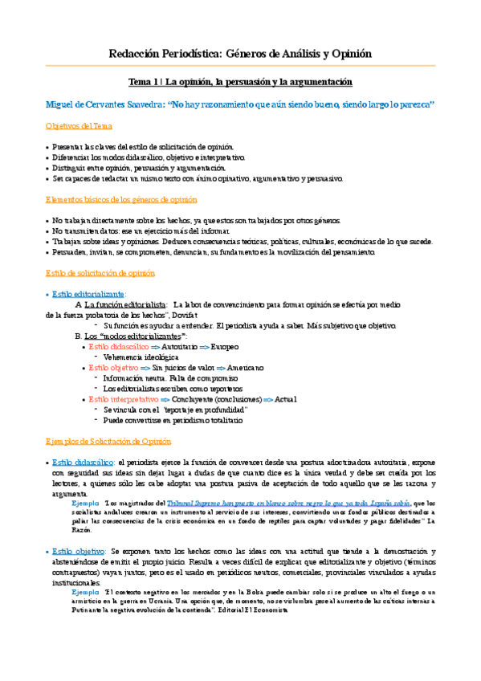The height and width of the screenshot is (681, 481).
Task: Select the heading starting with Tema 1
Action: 241,82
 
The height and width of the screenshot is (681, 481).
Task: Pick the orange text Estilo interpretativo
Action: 123,399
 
